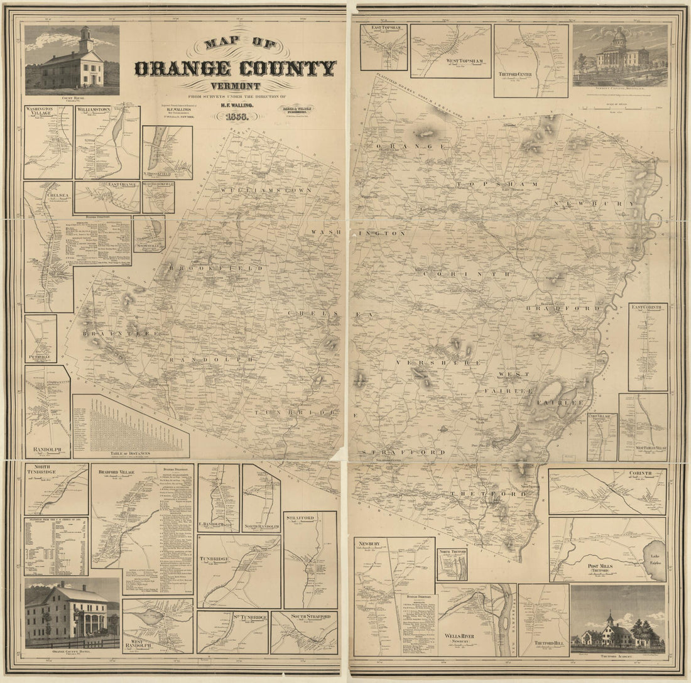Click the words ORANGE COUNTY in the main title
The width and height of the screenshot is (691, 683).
(235, 68)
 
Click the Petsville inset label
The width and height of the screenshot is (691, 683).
(40, 357)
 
